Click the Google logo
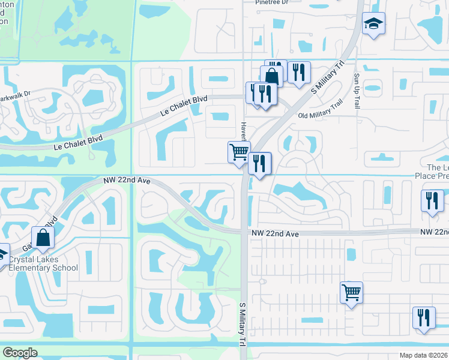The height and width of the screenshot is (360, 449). (x=20, y=353)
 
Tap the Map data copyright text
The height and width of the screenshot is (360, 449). (x=424, y=355)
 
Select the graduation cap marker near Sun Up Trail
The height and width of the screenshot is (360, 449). (x=373, y=24)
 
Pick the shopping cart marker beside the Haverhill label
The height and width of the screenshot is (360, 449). (x=239, y=151)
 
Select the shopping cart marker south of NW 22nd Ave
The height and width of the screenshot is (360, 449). (x=352, y=293)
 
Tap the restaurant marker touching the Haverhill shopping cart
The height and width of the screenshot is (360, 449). (x=259, y=163)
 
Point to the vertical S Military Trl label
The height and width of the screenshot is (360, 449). (x=243, y=323)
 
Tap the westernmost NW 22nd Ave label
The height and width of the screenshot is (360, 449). (x=126, y=181)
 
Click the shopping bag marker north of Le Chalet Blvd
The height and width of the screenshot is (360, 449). (x=271, y=77)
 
